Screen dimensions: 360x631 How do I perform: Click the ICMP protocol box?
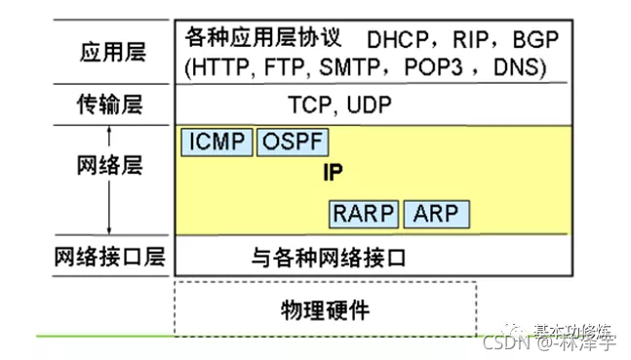coord(216,142)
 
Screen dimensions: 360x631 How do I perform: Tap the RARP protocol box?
coord(363,214)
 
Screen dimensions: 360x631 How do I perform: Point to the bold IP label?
coord(334,172)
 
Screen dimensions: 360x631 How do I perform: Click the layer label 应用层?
coord(110,52)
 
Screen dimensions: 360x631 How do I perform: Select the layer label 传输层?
coord(110,101)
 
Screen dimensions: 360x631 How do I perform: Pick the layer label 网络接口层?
coord(110,258)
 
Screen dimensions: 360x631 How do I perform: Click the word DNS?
coord(516,67)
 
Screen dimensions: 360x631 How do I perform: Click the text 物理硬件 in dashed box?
coord(325,310)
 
